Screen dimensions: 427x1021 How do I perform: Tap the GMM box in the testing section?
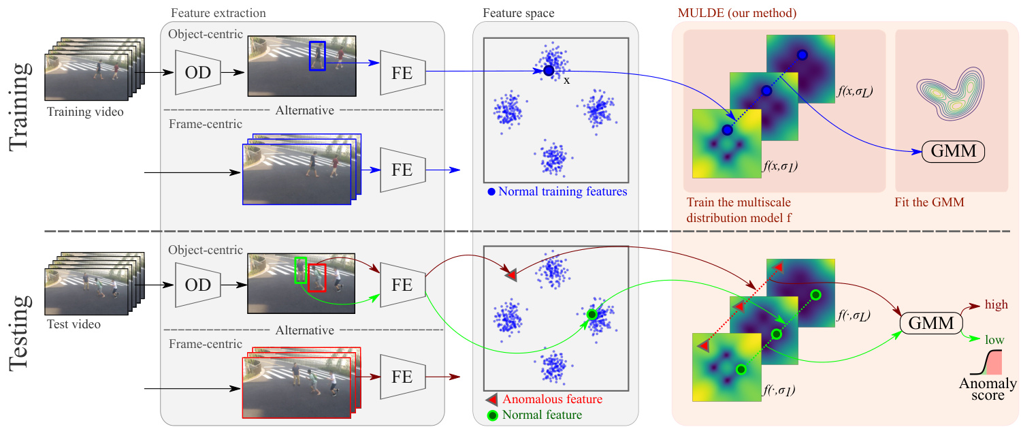[932, 323]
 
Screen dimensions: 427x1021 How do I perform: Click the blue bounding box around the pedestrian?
[318, 55]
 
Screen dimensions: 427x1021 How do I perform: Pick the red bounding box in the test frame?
[317, 279]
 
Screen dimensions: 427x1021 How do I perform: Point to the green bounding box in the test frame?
[301, 271]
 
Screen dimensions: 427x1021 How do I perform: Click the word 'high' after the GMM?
[996, 305]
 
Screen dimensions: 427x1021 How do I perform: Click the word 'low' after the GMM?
[994, 339]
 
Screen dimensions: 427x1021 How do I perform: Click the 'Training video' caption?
[85, 112]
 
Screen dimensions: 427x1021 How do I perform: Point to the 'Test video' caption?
[74, 324]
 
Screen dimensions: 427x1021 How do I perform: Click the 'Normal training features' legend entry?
[557, 191]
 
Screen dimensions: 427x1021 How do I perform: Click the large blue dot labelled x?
[549, 70]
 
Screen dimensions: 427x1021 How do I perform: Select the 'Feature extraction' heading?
[218, 13]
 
